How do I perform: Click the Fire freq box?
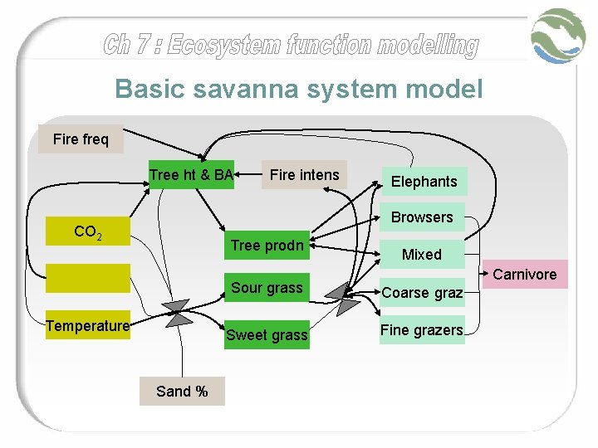pos(81,139)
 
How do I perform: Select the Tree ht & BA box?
pos(191,174)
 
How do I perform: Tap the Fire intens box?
pos(304,175)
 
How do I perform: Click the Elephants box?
pos(424,182)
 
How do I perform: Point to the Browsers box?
pos(422,217)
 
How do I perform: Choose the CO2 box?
pos(88,233)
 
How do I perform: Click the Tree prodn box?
pos(267,246)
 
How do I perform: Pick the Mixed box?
pos(422,255)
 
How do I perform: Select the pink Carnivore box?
pos(525,275)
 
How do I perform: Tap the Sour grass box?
pos(267,288)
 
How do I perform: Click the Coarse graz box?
pos(422,292)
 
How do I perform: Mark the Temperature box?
pos(88,326)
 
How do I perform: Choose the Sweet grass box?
pos(267,335)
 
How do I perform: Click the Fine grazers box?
pos(422,330)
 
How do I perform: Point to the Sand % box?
pos(182,391)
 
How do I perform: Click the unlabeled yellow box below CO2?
pos(88,278)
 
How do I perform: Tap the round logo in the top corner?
pos(559,37)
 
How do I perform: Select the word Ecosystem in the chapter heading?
pos(223,45)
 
